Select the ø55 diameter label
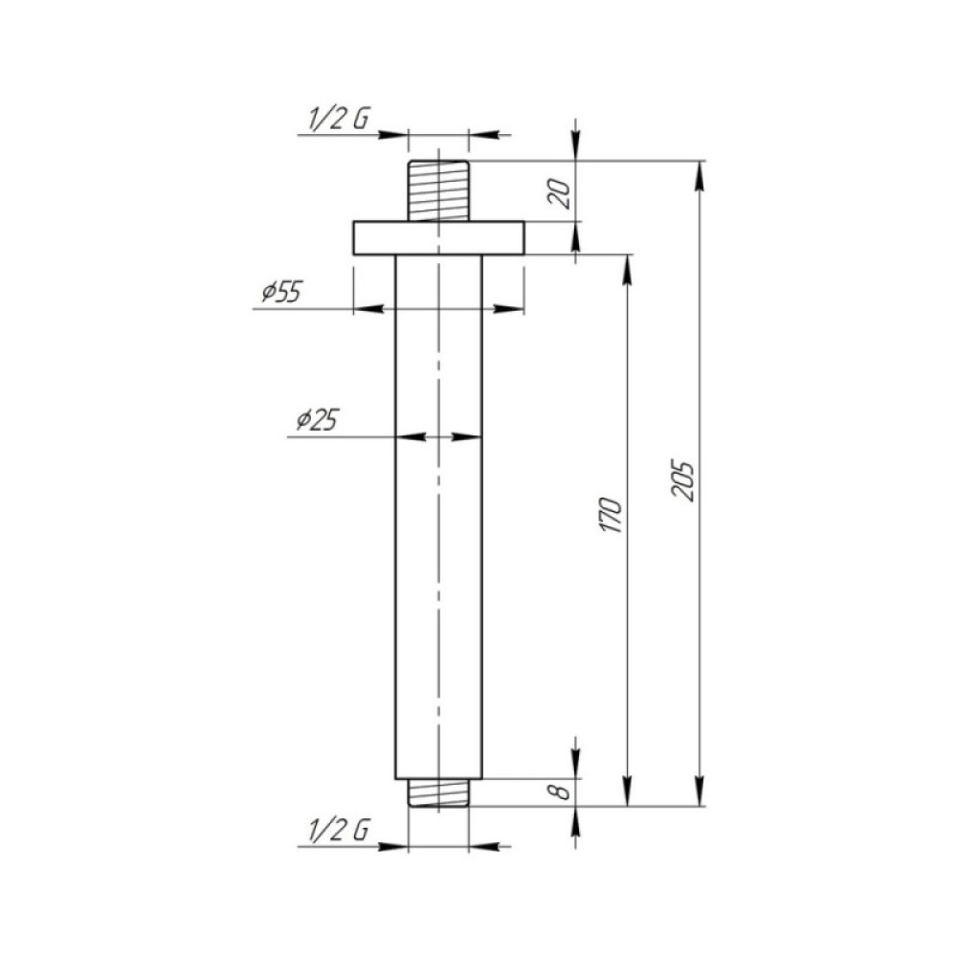282,292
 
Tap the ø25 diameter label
317,420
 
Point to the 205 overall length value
683,481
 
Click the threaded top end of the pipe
438,190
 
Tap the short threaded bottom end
438,792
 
